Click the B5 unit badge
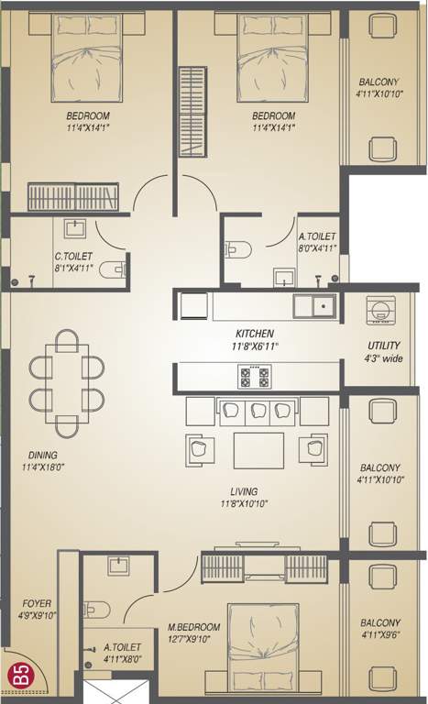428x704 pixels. pyautogui.click(x=16, y=679)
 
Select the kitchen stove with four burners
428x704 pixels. pyautogui.click(x=254, y=376)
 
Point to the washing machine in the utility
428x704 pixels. pyautogui.click(x=379, y=311)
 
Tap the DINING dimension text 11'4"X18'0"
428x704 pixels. pyautogui.click(x=42, y=467)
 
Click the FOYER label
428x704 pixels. pyautogui.click(x=36, y=603)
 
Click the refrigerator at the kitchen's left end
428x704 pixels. pyautogui.click(x=193, y=305)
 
